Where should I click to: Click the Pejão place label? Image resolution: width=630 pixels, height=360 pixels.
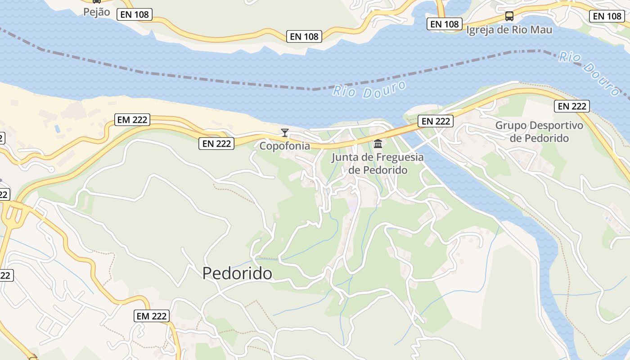96,12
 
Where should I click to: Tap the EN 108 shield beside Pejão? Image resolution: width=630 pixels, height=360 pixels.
135,14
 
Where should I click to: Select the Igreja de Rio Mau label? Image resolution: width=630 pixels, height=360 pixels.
509,30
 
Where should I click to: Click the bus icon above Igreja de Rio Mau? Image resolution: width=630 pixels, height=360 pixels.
509,16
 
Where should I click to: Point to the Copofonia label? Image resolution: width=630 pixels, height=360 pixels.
284,146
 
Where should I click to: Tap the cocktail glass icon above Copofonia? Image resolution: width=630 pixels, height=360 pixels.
284,132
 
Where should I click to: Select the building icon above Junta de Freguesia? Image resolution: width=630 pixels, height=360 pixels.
378,144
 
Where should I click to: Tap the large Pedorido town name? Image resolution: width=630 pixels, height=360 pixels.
237,273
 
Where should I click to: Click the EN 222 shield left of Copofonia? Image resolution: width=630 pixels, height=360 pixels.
216,144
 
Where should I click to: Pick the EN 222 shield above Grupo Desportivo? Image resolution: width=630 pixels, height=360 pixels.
572,106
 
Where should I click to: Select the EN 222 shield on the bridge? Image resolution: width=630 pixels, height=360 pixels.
435,121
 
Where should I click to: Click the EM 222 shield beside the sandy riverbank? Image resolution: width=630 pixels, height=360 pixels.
132,120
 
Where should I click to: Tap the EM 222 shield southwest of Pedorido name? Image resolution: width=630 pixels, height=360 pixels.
152,316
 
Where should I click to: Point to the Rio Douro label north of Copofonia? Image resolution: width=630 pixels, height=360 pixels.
369,89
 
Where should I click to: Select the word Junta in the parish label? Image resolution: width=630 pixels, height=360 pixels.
344,157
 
